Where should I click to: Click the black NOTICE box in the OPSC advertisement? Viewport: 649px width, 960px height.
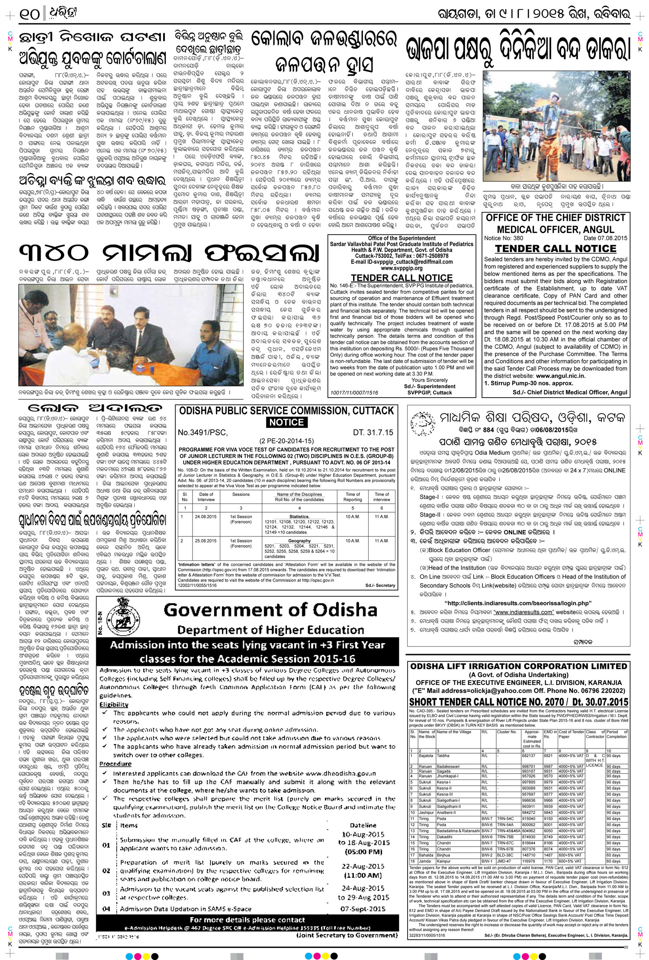tap(286, 422)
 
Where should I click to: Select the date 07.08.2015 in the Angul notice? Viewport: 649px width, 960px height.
tap(605, 238)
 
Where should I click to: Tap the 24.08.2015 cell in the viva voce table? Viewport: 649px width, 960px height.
tap(206, 517)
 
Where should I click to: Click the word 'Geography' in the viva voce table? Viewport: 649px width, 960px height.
tap(299, 541)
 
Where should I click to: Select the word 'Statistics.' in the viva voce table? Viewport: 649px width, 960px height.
tap(299, 517)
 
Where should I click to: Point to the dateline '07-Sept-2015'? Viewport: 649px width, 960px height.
tap(363, 909)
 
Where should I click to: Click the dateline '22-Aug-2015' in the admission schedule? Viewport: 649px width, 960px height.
tap(363, 866)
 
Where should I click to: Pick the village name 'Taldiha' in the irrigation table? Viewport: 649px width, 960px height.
tap(443, 756)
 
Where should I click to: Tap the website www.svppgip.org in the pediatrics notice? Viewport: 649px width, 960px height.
tap(402, 268)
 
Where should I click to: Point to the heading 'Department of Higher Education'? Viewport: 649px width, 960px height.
tap(270, 630)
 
